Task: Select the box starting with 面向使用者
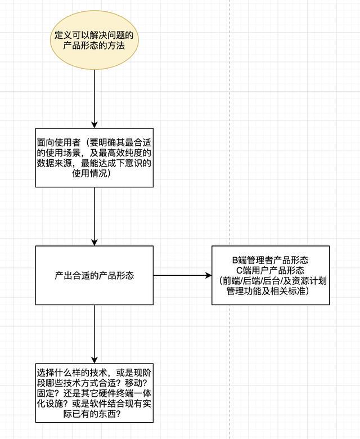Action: [x=94, y=157]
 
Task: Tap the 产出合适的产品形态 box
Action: [x=94, y=275]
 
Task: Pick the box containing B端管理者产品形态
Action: [x=271, y=275]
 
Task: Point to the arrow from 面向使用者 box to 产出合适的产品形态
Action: [x=94, y=217]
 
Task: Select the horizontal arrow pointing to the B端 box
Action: [x=182, y=276]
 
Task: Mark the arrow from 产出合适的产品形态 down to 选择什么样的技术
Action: [x=94, y=334]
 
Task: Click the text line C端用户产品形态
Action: [x=271, y=270]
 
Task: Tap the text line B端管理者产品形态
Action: [x=271, y=260]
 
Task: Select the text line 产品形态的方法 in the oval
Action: [x=94, y=47]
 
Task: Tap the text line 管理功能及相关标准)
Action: [x=271, y=292]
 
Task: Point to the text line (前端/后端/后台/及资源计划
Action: [x=271, y=281]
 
